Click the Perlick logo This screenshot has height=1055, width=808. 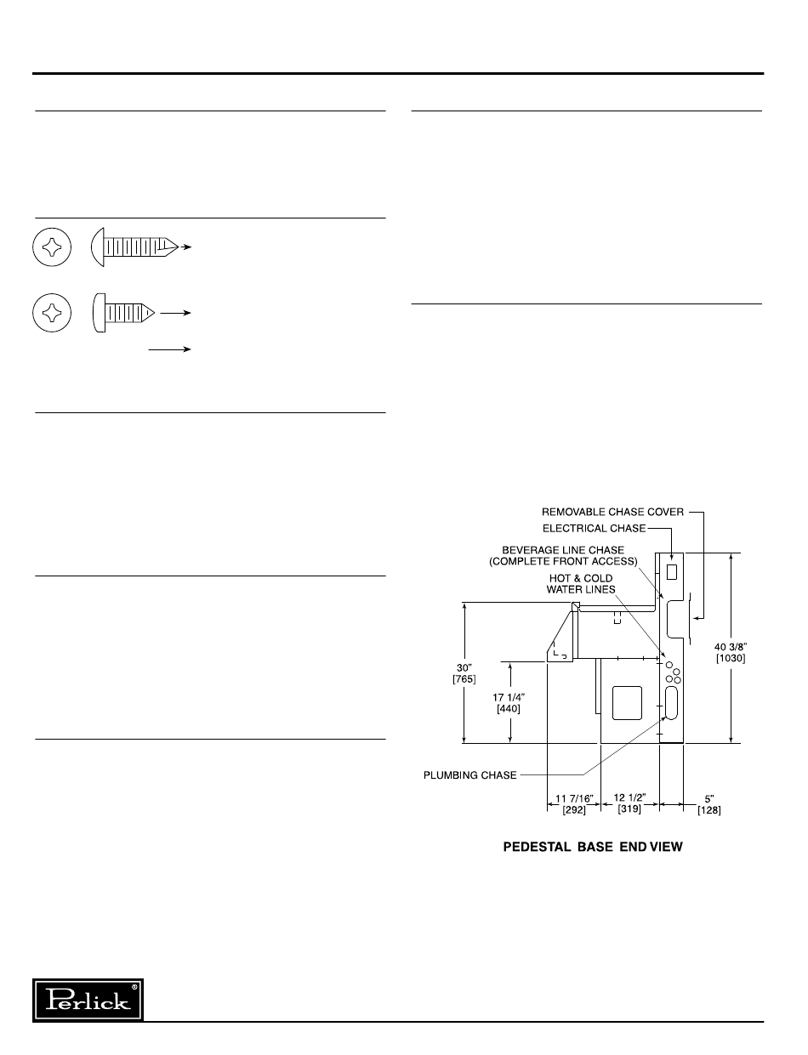88,999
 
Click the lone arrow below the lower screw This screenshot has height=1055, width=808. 171,349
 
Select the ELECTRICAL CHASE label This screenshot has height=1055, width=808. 594,528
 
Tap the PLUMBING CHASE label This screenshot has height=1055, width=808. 470,774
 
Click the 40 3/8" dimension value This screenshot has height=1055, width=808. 730,652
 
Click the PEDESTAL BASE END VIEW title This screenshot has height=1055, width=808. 593,848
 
